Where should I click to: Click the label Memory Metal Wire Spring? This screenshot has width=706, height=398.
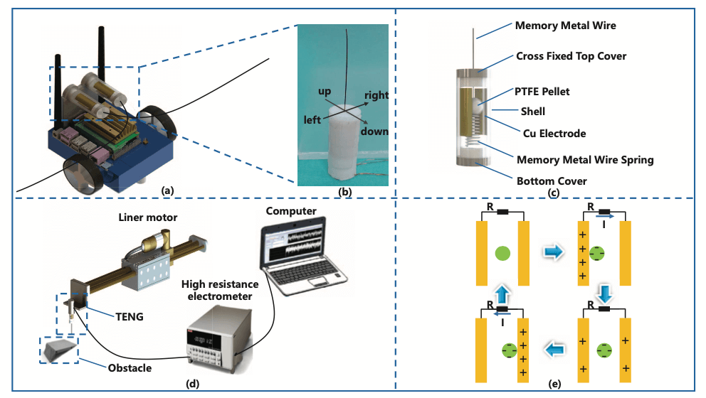tap(584, 160)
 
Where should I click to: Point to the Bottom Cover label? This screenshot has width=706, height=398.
tap(552, 181)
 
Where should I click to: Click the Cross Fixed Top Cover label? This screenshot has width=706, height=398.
tap(569, 57)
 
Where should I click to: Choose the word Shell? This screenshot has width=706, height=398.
tap(532, 111)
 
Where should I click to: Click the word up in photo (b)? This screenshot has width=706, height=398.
tap(326, 92)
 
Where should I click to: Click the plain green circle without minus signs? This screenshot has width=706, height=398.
tap(502, 252)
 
